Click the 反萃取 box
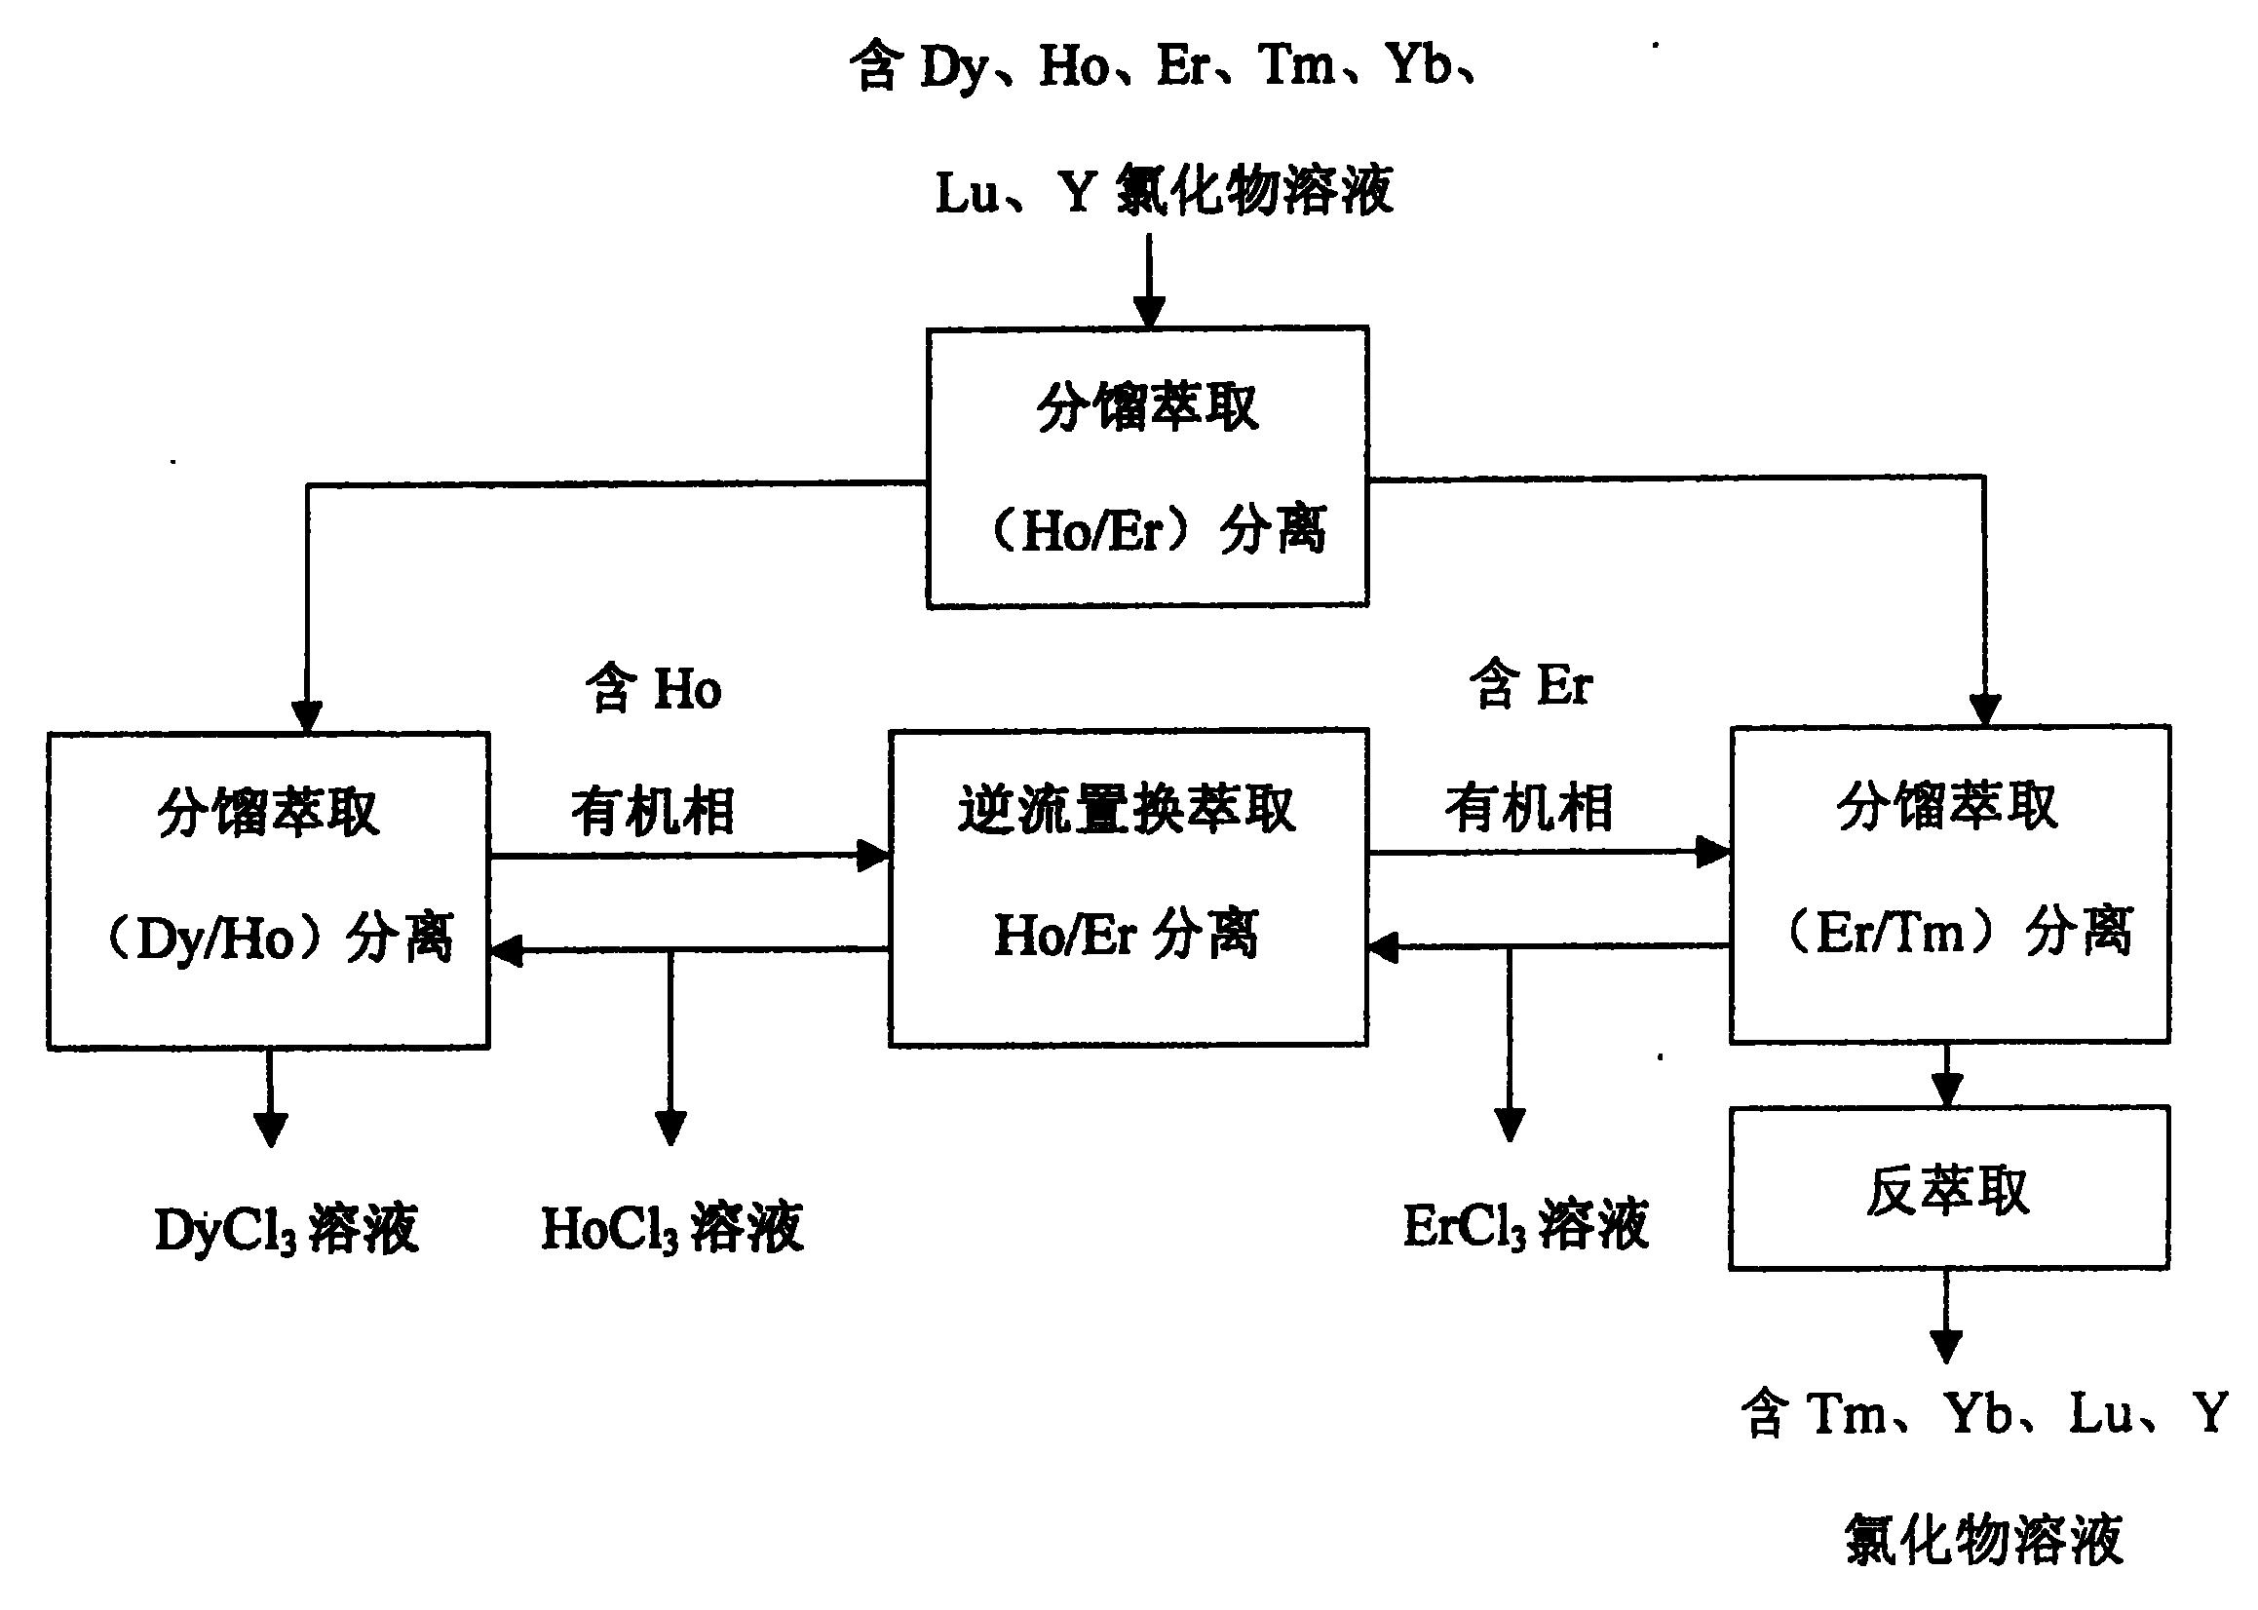(x=1949, y=1188)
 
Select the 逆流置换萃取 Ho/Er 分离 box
(x=1128, y=888)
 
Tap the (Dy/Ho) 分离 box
(x=269, y=890)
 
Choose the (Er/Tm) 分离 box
(x=1950, y=885)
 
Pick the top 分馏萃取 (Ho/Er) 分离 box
(x=1148, y=467)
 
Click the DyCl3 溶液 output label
(x=287, y=1229)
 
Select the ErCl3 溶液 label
(x=1526, y=1224)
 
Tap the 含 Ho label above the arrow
(x=653, y=688)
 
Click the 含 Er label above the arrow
(x=1530, y=685)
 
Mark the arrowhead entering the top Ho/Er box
(x=1149, y=312)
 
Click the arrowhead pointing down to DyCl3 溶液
(x=271, y=1131)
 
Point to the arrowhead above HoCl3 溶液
(x=671, y=1129)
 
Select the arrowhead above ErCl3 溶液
(x=1510, y=1126)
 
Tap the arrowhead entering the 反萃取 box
(x=1948, y=1091)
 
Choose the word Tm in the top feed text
(x=1297, y=65)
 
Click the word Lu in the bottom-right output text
(x=2101, y=1413)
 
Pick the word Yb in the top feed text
(x=1421, y=65)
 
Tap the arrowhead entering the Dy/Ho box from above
(x=307, y=716)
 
